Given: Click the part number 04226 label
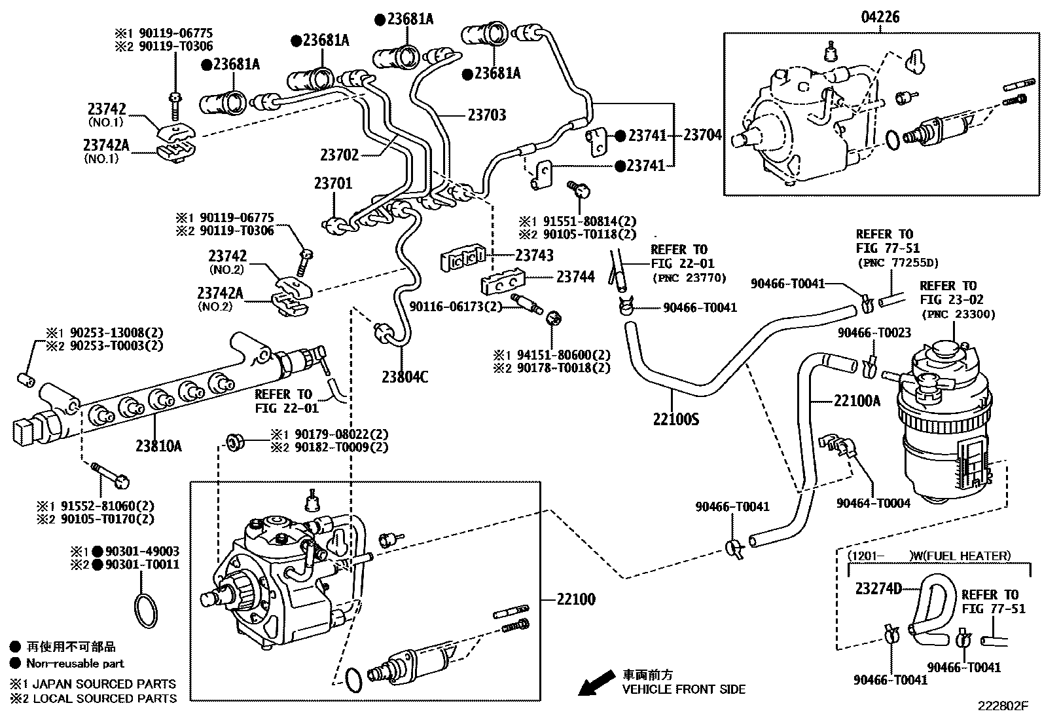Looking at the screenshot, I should point(880,17).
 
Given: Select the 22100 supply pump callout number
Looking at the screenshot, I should point(576,599).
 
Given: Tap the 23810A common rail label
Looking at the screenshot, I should point(158,447).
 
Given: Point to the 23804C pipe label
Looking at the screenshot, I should point(405,377).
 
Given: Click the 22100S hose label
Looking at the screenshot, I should point(676,418).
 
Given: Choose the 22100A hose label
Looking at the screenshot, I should point(857,400).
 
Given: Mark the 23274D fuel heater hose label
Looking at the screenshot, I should point(878,588).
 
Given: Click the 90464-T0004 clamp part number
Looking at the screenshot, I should point(873,502).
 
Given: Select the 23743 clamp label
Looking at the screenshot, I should point(534,256).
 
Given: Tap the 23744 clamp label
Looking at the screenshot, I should point(576,277).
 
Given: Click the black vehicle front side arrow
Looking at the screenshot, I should point(595,683).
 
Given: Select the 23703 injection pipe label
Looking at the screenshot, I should point(486,115).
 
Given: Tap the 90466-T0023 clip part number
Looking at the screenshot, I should point(874,333).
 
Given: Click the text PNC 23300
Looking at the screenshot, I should point(958,314).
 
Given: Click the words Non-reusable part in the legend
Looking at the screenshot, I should point(75,663).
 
